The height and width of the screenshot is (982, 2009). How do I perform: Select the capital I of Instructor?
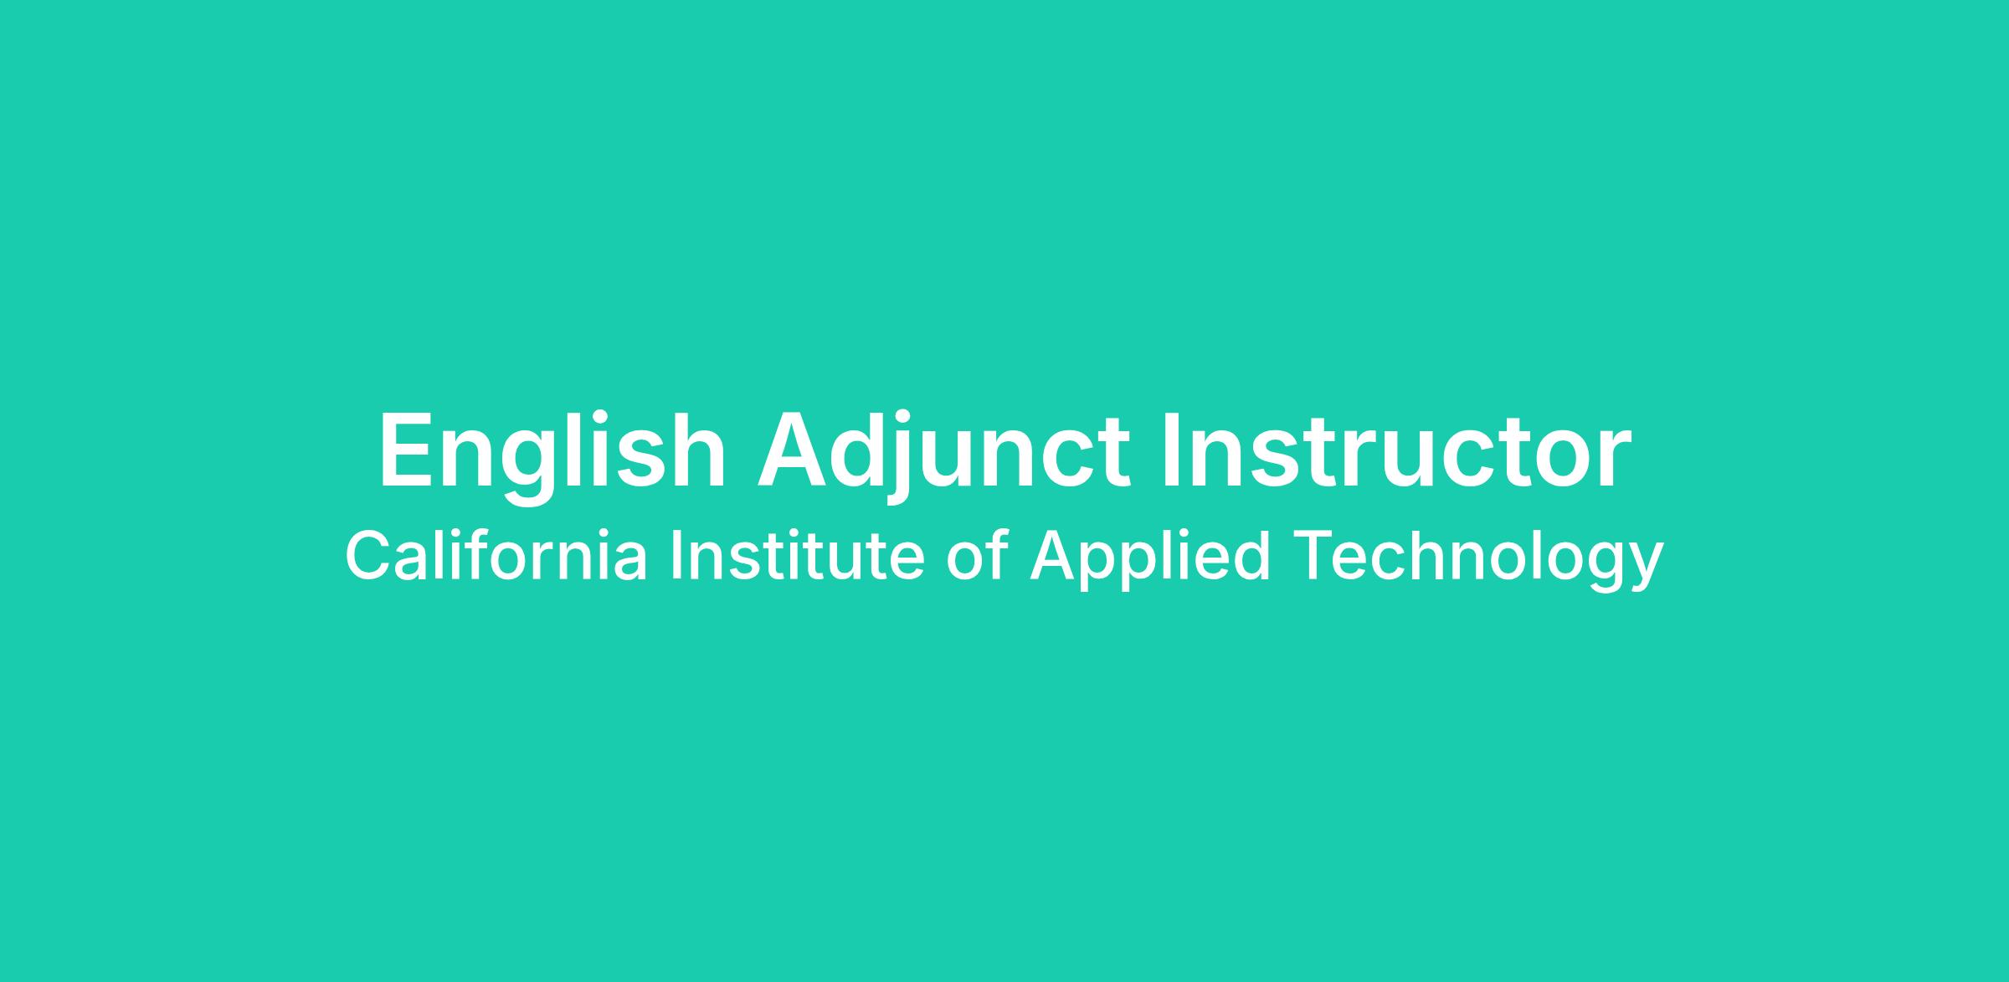(x=1172, y=450)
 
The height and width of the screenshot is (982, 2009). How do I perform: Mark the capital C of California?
(x=369, y=555)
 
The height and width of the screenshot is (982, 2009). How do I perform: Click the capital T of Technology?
(x=1314, y=555)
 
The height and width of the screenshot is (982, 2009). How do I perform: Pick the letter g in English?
(x=530, y=469)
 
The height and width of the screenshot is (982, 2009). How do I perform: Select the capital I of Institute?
(x=675, y=555)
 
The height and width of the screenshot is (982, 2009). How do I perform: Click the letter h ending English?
(x=697, y=450)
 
